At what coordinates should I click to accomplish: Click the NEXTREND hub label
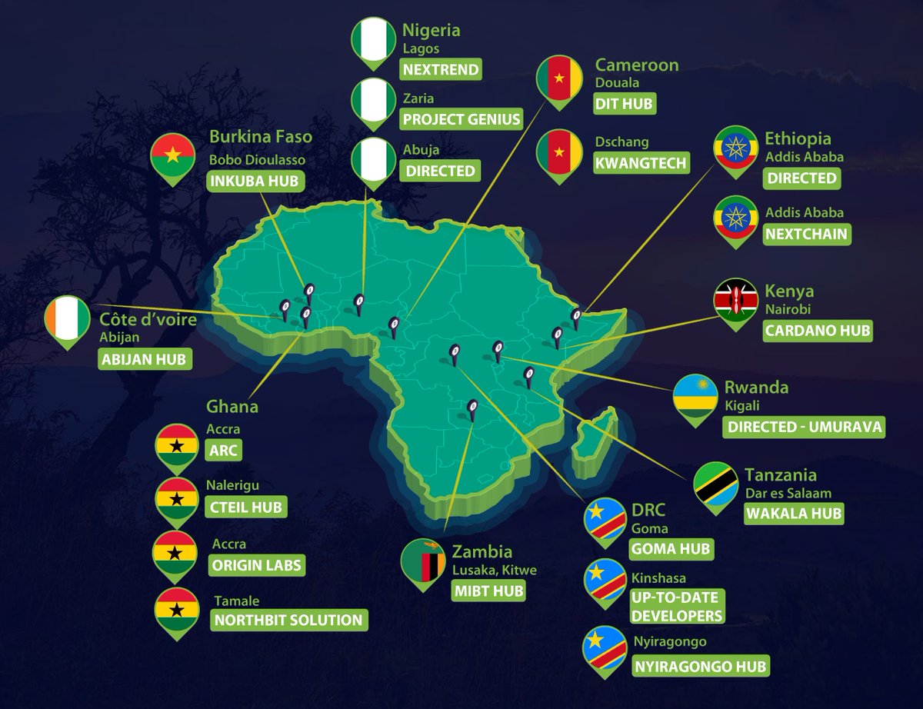point(441,70)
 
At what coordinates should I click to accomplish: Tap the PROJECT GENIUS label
point(461,119)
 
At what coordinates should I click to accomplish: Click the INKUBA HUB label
point(255,181)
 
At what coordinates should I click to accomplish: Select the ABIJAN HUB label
point(145,359)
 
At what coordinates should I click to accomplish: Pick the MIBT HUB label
point(488,591)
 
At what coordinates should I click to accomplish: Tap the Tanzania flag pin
point(712,484)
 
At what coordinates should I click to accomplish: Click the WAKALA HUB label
point(793,513)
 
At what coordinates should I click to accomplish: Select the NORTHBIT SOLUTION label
point(287,620)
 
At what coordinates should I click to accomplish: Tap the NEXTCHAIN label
point(806,234)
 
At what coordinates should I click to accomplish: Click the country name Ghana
point(232,406)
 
